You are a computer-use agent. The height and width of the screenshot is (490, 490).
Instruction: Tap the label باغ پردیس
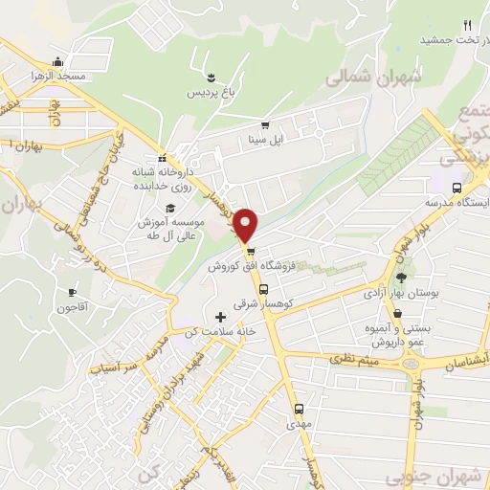click(x=210, y=92)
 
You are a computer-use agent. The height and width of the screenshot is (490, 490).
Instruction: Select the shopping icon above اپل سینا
click(x=265, y=125)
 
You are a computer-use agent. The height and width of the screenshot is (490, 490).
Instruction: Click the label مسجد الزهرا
click(x=58, y=75)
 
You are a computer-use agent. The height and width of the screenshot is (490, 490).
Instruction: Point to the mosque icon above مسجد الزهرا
click(x=59, y=59)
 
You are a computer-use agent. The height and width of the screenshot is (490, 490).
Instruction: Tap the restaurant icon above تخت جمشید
click(x=467, y=25)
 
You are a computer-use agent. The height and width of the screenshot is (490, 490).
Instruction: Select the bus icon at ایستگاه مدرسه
click(x=457, y=188)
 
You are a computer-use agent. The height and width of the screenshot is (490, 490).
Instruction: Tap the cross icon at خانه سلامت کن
click(x=221, y=317)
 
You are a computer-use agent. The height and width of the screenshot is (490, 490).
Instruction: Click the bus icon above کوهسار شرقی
click(x=263, y=288)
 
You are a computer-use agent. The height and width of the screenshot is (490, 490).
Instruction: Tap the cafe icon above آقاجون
click(x=73, y=292)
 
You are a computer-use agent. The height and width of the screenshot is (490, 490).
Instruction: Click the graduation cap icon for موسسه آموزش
click(x=170, y=208)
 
